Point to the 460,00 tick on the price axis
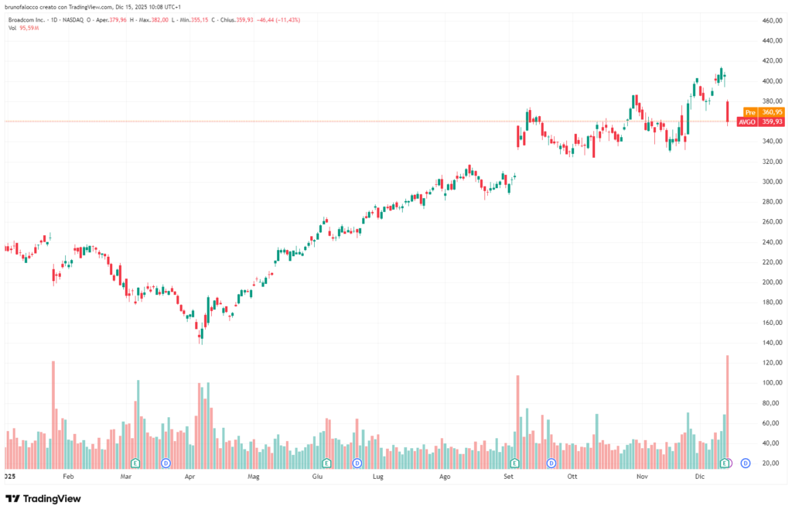pyautogui.click(x=772, y=20)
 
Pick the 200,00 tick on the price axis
pyautogui.click(x=772, y=282)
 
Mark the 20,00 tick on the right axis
pyautogui.click(x=770, y=463)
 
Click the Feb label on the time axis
pyautogui.click(x=68, y=478)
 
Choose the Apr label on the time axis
pyautogui.click(x=190, y=478)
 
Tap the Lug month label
pyautogui.click(x=377, y=478)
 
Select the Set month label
pyautogui.click(x=508, y=478)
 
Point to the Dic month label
pyautogui.click(x=699, y=478)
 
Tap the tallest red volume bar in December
pyautogui.click(x=728, y=410)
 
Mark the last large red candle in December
pyautogui.click(x=728, y=111)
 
